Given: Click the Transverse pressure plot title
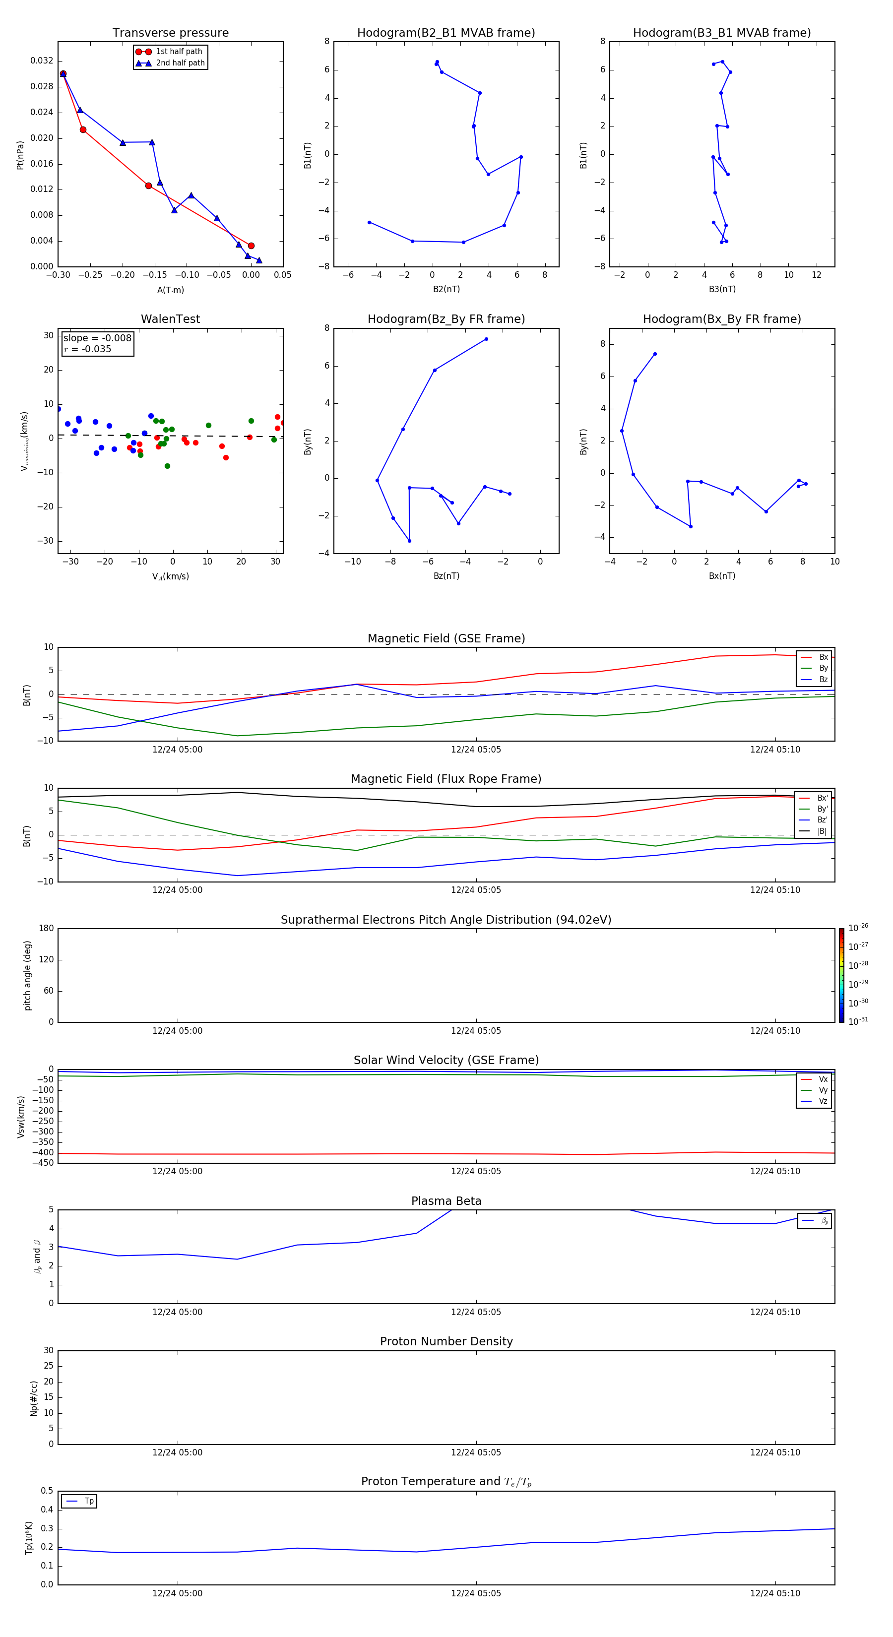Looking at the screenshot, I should coord(170,33).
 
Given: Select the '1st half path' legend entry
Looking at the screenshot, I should coord(179,52).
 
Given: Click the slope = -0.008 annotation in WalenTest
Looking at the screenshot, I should coord(97,338).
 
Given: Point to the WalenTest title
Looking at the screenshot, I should coord(170,319).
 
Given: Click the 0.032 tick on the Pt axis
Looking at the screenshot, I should coord(42,61).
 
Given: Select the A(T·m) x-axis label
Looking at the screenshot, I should coord(170,290).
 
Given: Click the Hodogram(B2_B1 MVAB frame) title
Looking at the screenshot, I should coord(446,33).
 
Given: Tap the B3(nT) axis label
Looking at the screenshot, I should coord(722,289).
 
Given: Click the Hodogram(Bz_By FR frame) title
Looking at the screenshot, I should coord(446,319).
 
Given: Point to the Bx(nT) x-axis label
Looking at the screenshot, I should coord(722,576).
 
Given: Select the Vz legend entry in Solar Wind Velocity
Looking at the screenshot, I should coord(823,1101).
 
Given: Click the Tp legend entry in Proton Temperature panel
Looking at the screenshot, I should coord(88,1501).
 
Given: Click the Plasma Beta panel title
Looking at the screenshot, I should coord(446,1201).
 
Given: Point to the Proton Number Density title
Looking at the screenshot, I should coord(446,1341).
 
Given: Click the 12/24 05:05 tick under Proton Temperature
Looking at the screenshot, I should coord(476,1593).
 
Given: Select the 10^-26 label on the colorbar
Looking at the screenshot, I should coord(858,928).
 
